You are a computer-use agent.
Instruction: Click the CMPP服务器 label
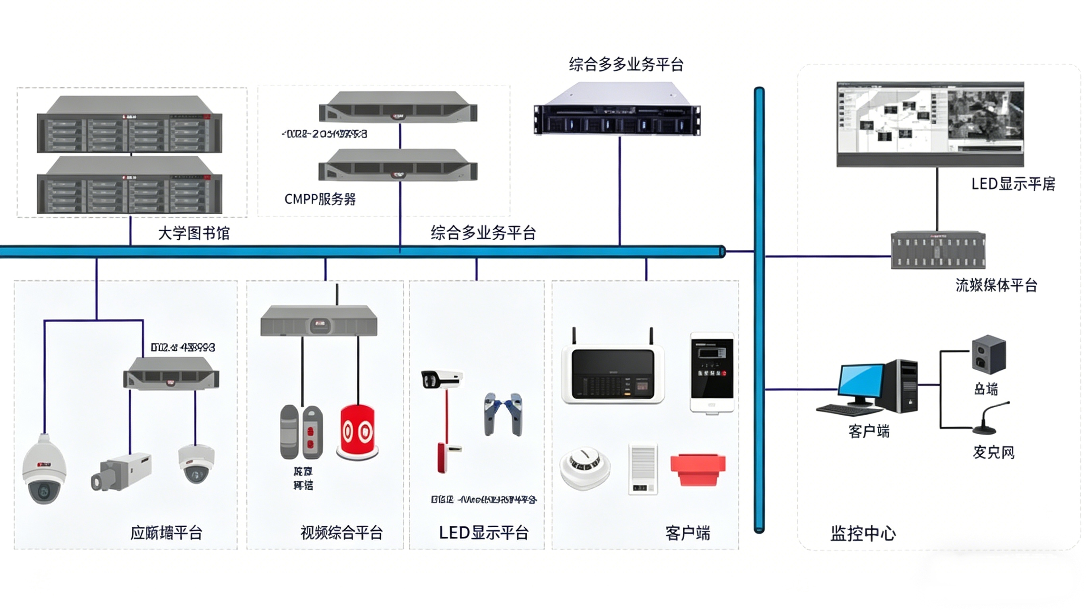point(320,199)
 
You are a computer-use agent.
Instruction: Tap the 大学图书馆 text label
point(194,233)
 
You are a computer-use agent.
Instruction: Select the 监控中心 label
point(863,533)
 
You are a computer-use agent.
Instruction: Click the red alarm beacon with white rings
point(357,432)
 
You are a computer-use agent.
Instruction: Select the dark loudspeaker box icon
point(989,354)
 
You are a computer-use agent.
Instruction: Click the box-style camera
point(121,472)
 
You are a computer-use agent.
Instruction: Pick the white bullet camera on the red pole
point(442,379)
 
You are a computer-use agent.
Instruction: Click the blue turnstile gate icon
point(503,414)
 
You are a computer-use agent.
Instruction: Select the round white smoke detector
point(584,468)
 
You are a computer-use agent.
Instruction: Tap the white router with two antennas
point(613,374)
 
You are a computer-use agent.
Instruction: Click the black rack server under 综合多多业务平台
point(617,110)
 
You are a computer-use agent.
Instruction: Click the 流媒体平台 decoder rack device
point(938,250)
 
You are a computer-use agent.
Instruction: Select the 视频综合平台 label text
point(341,533)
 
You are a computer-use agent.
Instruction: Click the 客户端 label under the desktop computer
point(869,431)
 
